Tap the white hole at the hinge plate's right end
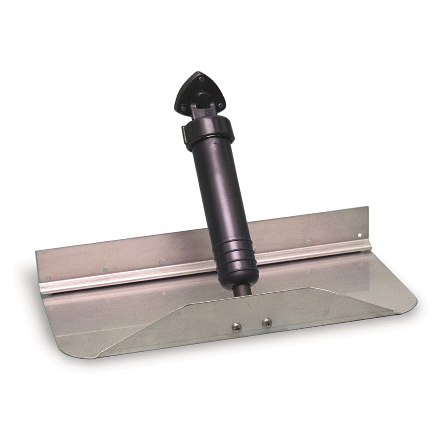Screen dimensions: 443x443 pyautogui.click(x=360, y=235)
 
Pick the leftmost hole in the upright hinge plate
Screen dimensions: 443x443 pyautogui.click(x=48, y=277)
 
